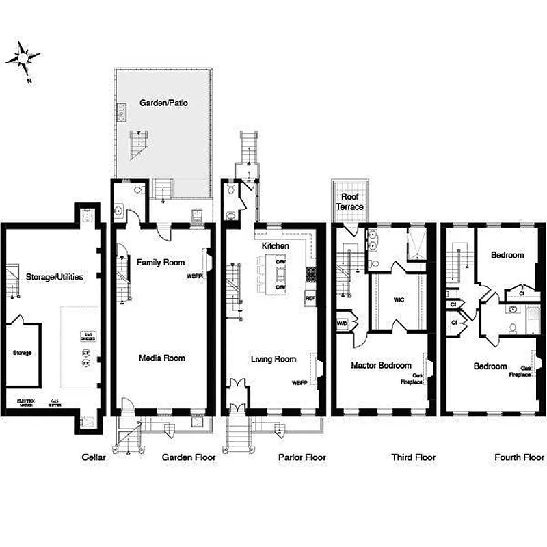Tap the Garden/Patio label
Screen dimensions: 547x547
coord(163,103)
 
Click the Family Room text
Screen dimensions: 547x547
coord(161,262)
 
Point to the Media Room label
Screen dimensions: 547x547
coord(162,358)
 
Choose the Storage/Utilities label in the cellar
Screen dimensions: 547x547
coord(55,277)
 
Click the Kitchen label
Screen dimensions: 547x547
coord(276,245)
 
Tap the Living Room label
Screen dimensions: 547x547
coord(273,358)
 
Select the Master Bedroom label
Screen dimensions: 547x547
coord(381,366)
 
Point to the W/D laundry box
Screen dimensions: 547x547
coord(342,323)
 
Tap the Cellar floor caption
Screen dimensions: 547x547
coord(93,457)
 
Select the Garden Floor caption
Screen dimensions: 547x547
coord(189,457)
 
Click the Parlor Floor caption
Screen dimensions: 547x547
coord(302,457)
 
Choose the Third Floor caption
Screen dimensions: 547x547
coord(413,457)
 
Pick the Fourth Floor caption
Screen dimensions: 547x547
coord(519,457)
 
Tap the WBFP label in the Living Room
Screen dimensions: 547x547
coord(299,382)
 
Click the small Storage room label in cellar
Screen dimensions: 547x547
coord(22,353)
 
